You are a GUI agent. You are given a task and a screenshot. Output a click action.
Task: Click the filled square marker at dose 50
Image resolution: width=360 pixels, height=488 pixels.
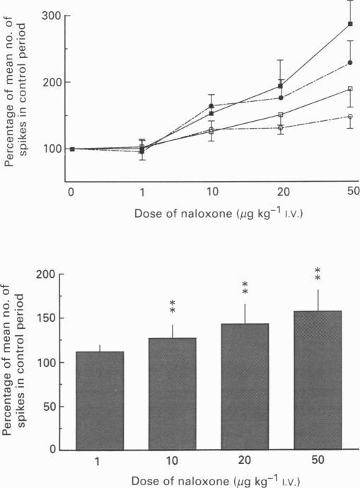tap(350, 25)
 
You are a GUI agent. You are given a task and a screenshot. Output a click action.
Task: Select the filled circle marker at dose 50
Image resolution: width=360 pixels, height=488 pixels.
tap(350, 63)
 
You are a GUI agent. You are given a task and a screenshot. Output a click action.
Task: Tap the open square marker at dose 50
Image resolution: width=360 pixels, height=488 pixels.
tap(350, 89)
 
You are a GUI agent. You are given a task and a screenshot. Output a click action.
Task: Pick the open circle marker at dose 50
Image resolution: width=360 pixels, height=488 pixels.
tap(350, 117)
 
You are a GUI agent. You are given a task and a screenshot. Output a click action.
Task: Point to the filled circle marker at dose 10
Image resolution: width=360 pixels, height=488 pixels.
tap(211, 106)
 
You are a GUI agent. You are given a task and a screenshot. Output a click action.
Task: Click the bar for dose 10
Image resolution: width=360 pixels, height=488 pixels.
tap(173, 393)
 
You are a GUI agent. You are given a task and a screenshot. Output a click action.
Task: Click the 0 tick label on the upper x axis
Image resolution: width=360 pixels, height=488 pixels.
tap(71, 192)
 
